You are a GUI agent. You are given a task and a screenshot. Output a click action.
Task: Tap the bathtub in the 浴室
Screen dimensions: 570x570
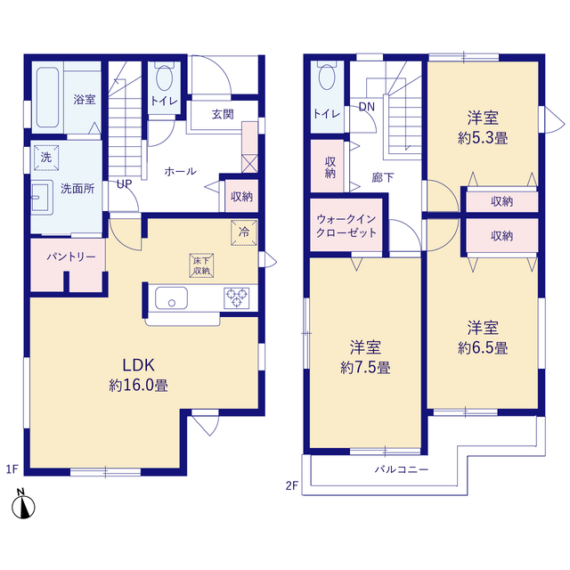click(x=47, y=97)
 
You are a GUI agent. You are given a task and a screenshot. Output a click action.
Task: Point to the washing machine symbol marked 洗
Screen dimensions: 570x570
click(x=46, y=158)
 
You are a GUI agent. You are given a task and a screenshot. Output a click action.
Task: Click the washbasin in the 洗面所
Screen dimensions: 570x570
click(x=41, y=198)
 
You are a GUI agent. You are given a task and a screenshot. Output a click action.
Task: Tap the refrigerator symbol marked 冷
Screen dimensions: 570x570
click(x=244, y=232)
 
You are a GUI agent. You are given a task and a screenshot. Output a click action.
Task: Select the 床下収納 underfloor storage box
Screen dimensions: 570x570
click(x=201, y=265)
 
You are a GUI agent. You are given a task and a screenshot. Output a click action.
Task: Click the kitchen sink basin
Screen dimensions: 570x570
click(x=171, y=297)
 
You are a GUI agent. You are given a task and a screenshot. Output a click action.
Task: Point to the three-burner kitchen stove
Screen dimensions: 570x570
click(x=236, y=297)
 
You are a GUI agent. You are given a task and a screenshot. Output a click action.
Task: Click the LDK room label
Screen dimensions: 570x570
click(x=139, y=365)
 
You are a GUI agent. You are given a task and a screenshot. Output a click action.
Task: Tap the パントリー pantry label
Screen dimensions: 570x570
click(x=71, y=257)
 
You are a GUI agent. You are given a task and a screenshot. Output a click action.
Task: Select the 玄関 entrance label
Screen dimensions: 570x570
click(x=223, y=114)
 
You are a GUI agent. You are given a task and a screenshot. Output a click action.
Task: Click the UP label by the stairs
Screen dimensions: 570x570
click(x=125, y=184)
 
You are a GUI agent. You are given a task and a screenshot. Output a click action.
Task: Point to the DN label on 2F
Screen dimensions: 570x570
click(x=366, y=107)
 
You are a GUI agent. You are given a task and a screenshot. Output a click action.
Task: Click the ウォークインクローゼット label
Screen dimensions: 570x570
click(x=346, y=225)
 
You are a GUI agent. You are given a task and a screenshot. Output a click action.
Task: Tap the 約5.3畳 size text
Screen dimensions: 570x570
click(x=483, y=138)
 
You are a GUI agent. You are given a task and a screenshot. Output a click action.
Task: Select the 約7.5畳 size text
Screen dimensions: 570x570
click(x=365, y=368)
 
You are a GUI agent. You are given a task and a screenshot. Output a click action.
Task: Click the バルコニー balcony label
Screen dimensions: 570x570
click(x=402, y=469)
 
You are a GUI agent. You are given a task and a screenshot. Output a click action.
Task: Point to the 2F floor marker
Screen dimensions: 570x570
click(x=292, y=485)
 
